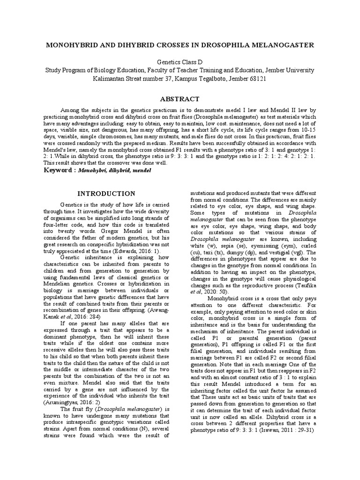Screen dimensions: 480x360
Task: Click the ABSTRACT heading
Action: click(x=180, y=99)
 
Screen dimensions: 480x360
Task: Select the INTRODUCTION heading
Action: click(x=106, y=193)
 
